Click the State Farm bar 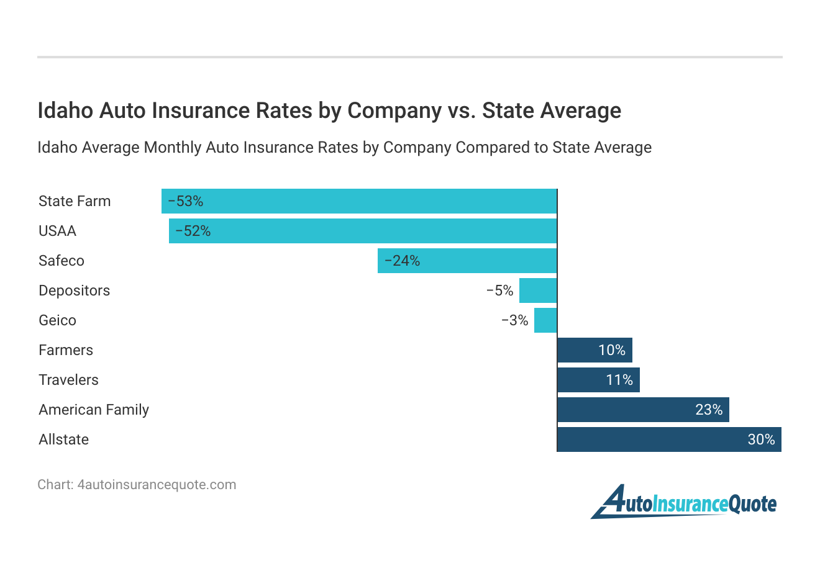(359, 201)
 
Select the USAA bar (363, 231)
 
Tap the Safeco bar (467, 261)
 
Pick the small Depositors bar (538, 290)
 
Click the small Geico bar (545, 320)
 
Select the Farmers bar (594, 350)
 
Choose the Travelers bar (598, 380)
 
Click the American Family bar (643, 410)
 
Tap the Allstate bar (669, 439)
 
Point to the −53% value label (186, 201)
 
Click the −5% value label (499, 290)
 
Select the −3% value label (514, 320)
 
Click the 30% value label (761, 439)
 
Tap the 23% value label (709, 410)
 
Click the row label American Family (94, 410)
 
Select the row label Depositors (74, 290)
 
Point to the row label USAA (57, 231)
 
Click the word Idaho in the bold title (65, 110)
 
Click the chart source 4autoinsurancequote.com (157, 485)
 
